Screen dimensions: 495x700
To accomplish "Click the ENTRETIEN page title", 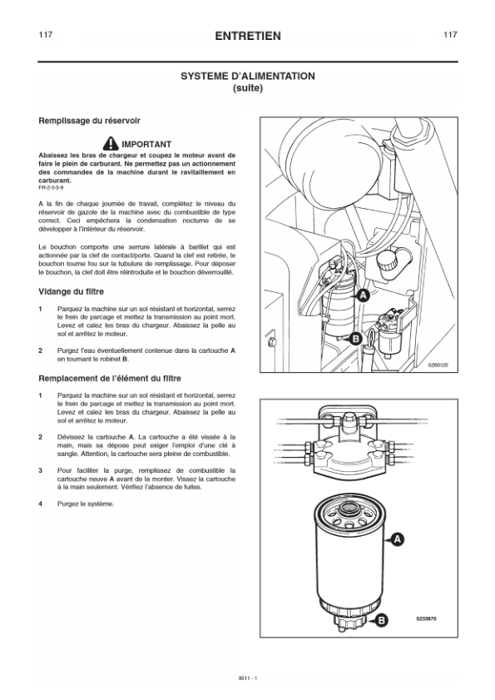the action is tap(248, 36).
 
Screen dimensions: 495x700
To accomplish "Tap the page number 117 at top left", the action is tap(46, 35).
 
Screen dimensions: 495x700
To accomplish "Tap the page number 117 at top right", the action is tap(450, 35).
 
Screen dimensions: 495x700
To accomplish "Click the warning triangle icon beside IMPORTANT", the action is tap(111, 143).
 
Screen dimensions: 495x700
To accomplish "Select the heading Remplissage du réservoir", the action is tap(89, 121).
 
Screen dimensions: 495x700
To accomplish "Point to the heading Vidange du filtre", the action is tap(71, 292).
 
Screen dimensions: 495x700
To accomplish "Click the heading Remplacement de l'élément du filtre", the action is tap(110, 379).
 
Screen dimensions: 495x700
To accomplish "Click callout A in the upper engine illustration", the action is tap(364, 295).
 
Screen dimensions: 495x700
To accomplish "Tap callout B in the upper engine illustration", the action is tap(355, 339).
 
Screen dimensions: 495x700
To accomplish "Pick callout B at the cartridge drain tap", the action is tap(382, 620).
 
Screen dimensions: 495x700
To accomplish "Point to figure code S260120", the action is tap(438, 365).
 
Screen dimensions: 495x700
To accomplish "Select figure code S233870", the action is tap(426, 618).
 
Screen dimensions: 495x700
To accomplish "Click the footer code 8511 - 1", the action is tap(248, 678).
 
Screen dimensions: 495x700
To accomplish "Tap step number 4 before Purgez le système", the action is tap(40, 504).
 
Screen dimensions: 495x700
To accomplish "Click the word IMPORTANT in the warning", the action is tap(146, 144).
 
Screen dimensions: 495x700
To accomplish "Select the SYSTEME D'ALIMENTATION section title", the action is tap(248, 77).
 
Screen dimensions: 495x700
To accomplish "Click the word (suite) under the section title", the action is tap(248, 88).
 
